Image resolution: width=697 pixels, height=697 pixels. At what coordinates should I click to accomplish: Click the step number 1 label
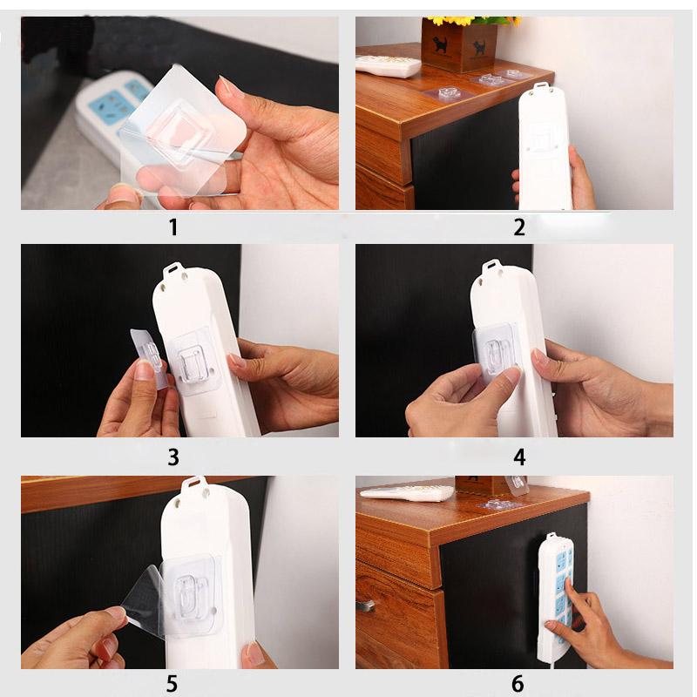173,228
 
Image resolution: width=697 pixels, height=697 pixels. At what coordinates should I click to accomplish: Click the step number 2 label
519,228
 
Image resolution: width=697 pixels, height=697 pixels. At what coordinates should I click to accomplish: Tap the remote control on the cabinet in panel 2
389,66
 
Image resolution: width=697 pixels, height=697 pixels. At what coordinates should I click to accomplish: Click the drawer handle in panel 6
365,605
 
